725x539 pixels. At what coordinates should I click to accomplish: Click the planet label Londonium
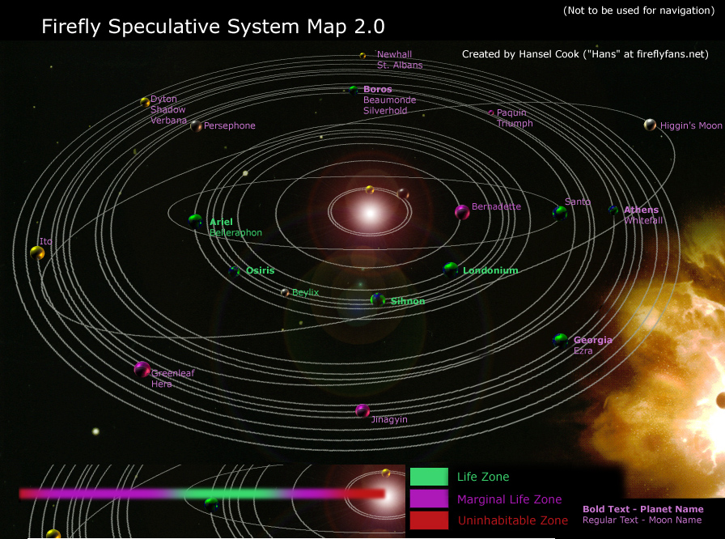490,270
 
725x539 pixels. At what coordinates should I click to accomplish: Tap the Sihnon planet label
408,301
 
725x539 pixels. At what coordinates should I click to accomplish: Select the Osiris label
260,270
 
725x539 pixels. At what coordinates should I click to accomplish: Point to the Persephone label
229,126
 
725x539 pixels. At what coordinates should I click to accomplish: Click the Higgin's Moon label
690,126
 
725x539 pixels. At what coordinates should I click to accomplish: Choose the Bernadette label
496,207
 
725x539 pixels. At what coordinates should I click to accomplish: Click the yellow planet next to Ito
37,253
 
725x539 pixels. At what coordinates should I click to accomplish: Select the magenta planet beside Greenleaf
142,370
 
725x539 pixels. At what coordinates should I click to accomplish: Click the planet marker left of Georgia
561,341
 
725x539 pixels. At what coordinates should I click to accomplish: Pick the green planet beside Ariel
195,220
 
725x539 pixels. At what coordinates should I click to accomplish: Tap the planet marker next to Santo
560,213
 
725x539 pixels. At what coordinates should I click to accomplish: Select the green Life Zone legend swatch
429,477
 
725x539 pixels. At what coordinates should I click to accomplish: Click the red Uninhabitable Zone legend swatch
429,520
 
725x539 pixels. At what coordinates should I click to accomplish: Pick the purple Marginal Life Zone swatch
429,499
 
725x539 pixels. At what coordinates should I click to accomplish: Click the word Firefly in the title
70,27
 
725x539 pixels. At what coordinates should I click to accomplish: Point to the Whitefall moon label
642,221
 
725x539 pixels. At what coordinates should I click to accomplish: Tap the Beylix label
305,292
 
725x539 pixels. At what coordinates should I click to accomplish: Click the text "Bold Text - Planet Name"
642,510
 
